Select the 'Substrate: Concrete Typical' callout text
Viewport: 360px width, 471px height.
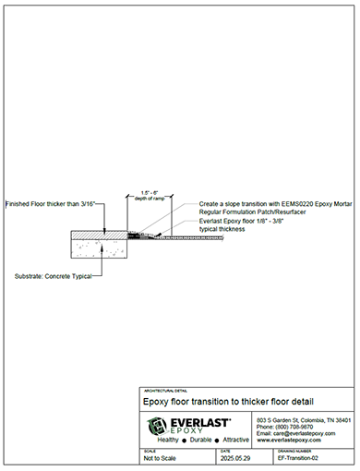(x=54, y=276)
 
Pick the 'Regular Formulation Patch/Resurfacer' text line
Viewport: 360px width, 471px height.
(x=248, y=212)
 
